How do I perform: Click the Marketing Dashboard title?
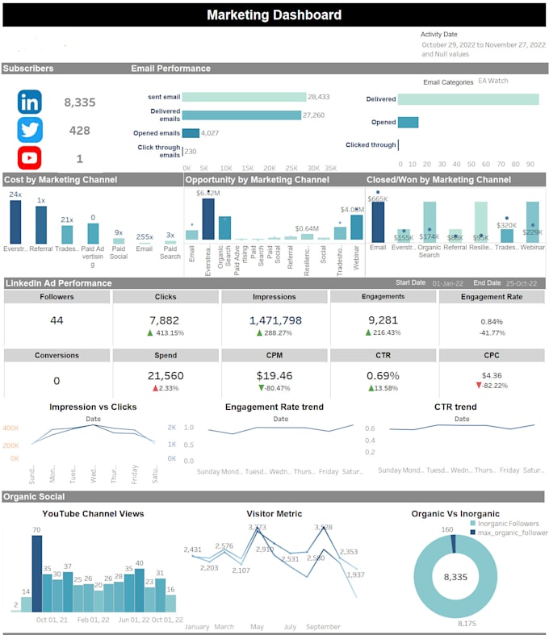point(274,15)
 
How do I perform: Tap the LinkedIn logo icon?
point(30,102)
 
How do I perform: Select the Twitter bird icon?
point(30,130)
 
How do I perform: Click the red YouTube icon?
point(30,158)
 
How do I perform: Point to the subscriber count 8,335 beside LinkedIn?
point(80,102)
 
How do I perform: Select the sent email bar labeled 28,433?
point(244,97)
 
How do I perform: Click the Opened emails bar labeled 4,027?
point(191,133)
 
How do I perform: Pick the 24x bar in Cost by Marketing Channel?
point(15,221)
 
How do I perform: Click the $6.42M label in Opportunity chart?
point(209,194)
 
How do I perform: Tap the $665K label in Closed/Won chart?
point(377,198)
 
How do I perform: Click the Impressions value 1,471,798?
point(274,320)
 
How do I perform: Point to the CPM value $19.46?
point(274,376)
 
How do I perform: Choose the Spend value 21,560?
point(166,376)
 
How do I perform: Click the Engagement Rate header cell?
point(492,297)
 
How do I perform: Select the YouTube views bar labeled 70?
point(36,573)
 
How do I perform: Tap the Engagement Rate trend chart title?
point(274,407)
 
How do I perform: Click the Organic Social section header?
point(34,496)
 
